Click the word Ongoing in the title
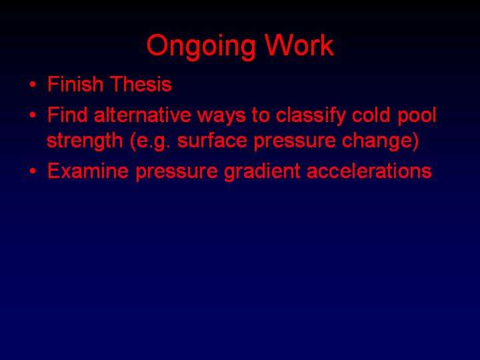pyautogui.click(x=201, y=47)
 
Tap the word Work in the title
pyautogui.click(x=299, y=45)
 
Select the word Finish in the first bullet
pyautogui.click(x=75, y=84)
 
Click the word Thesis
pyautogui.click(x=141, y=84)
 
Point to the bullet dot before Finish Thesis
pyautogui.click(x=33, y=85)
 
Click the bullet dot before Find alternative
pyautogui.click(x=33, y=116)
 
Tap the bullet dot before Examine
pyautogui.click(x=33, y=171)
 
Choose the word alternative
pyautogui.click(x=143, y=115)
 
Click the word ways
pyautogui.click(x=221, y=117)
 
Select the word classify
pyautogui.click(x=311, y=117)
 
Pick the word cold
pyautogui.click(x=371, y=115)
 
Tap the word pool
pyautogui.click(x=417, y=117)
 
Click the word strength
pyautogui.click(x=85, y=141)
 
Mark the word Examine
pyautogui.click(x=88, y=170)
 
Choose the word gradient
pyautogui.click(x=262, y=172)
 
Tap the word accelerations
pyautogui.click(x=369, y=171)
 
